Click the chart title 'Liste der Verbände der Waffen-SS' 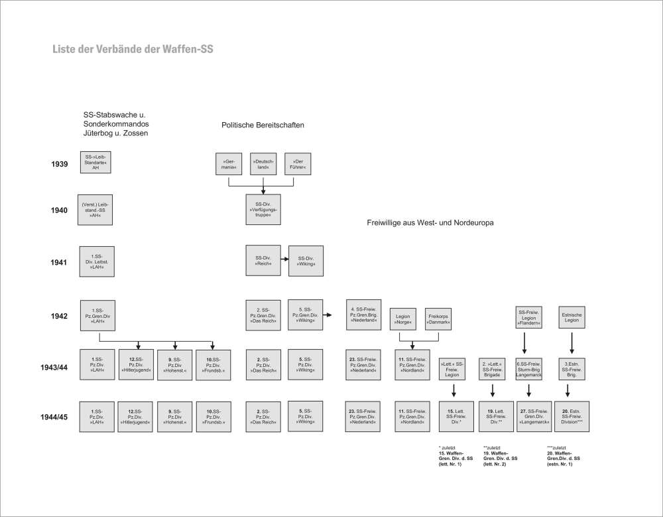click(133, 49)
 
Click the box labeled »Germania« click(229, 163)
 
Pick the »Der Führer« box click(298, 163)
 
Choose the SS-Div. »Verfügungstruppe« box click(263, 206)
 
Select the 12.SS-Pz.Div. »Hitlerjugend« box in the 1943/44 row click(137, 364)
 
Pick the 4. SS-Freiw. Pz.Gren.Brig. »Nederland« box click(365, 315)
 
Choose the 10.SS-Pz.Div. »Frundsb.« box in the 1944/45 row click(214, 417)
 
